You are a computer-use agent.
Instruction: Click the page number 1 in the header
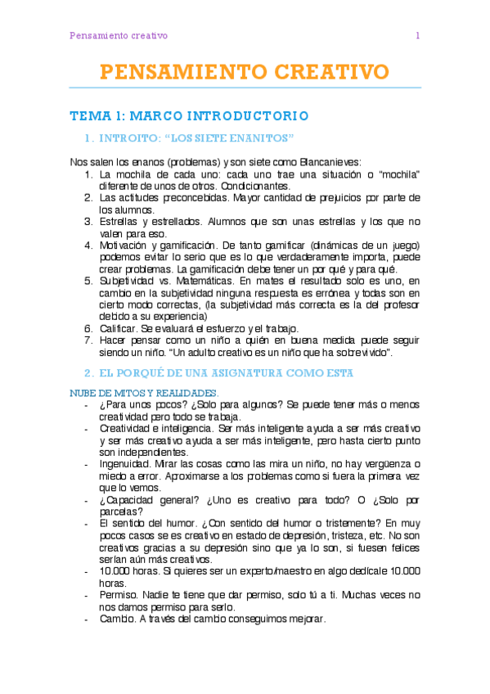pyautogui.click(x=417, y=36)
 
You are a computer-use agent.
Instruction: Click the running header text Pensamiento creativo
pyautogui.click(x=119, y=36)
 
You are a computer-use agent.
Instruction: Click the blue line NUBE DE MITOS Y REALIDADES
pyautogui.click(x=143, y=393)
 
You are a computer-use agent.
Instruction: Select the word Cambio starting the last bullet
pyautogui.click(x=117, y=620)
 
